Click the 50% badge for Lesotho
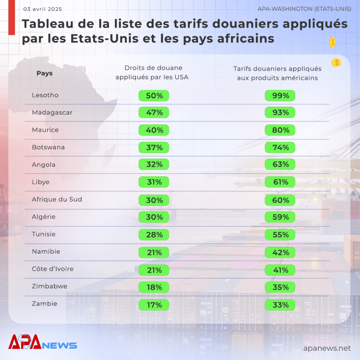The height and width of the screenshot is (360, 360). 154,96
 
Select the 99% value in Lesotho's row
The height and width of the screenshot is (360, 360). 280,96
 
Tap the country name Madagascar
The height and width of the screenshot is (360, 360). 52,112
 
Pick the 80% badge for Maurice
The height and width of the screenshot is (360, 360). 280,130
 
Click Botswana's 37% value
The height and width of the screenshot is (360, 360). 154,147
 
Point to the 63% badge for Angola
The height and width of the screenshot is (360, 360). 280,164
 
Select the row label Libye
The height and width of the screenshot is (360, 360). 41,182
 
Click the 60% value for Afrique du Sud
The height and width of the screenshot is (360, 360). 280,200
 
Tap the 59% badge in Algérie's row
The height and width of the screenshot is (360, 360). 280,217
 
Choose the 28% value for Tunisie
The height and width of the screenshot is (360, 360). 154,234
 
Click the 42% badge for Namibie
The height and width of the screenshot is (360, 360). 280,252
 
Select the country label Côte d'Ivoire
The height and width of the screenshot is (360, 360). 53,269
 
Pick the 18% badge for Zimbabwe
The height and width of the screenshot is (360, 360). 154,287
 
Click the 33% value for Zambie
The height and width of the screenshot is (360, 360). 280,305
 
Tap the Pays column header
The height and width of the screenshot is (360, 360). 45,73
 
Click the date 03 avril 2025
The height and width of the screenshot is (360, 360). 43,9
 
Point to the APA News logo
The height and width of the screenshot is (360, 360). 43,342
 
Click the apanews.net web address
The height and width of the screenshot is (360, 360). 327,348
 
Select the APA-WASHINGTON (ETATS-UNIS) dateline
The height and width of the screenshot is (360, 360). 304,9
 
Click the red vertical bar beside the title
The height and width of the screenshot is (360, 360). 12,18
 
